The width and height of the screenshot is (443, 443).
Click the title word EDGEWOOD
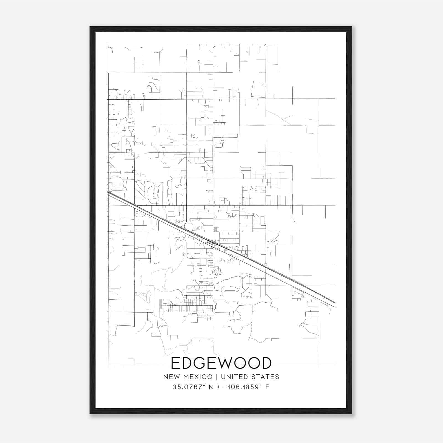pos(221,363)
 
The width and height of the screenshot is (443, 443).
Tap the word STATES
pos(266,377)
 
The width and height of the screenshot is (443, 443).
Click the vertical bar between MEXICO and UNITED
pos(217,377)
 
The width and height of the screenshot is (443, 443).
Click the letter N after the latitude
pos(212,387)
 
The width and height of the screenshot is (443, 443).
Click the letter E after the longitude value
pos(267,387)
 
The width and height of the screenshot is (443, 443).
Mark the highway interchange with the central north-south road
pos(213,243)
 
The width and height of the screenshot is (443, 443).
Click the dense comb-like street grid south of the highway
pos(187,306)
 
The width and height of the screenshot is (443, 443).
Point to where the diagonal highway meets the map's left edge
pos(108,193)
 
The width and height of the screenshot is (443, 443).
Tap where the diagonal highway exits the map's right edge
pos(335,304)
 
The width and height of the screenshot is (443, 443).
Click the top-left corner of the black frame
pos(91,27)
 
